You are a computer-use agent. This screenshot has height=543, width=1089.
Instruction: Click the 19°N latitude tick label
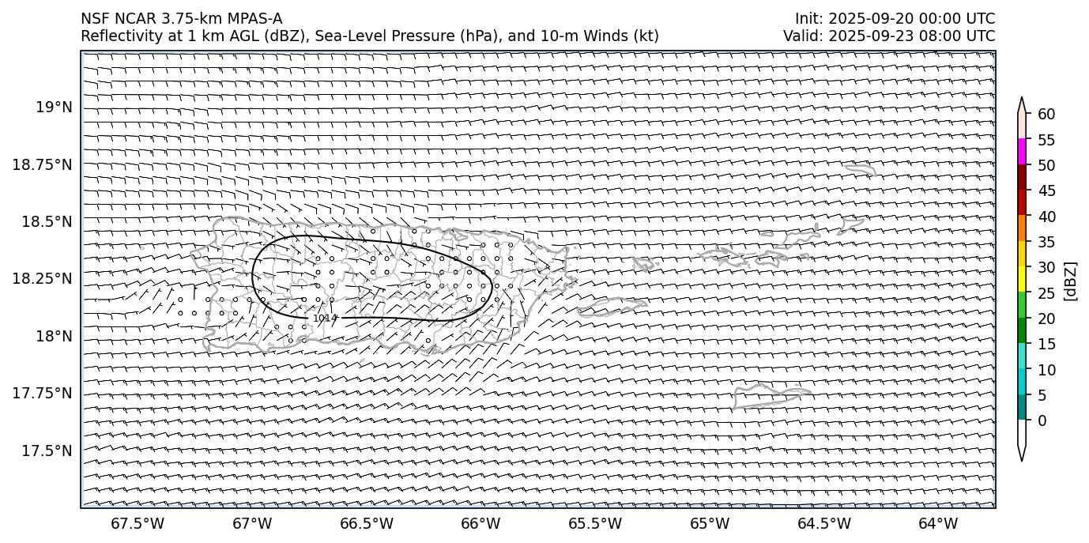[54, 107]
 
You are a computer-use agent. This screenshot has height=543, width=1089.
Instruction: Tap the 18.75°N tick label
[45, 164]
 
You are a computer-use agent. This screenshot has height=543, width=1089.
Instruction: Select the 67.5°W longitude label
[138, 523]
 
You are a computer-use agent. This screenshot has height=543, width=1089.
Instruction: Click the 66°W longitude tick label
[480, 523]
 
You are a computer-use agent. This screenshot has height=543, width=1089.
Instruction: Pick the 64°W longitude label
[938, 523]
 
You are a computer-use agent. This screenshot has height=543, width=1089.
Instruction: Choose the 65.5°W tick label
[595, 523]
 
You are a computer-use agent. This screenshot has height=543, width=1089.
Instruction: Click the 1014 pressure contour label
[325, 318]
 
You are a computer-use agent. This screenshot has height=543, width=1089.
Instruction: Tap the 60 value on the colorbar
[1046, 115]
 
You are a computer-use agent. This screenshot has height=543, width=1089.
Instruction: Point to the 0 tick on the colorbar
[1042, 420]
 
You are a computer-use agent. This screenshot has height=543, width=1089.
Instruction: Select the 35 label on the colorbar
[1046, 242]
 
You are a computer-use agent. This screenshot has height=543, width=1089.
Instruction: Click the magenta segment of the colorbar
[1022, 151]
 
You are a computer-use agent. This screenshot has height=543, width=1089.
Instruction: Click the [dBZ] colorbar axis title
[1072, 281]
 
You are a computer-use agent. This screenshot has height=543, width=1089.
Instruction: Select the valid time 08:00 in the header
[941, 36]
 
